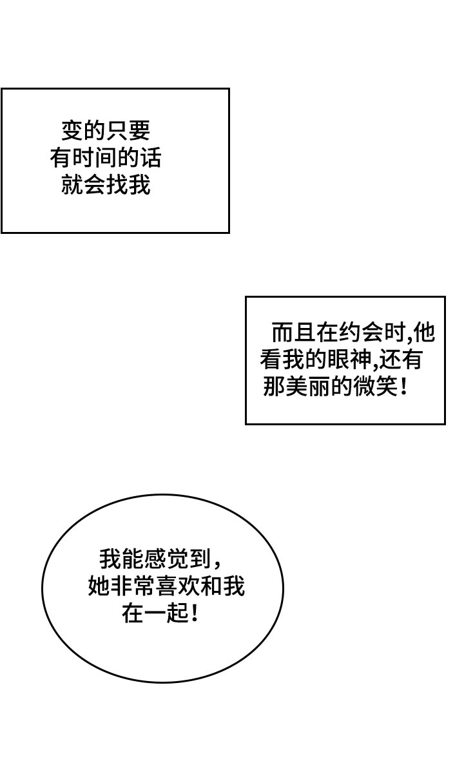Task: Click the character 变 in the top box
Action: point(72,131)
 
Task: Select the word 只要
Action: point(128,131)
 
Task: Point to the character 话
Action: point(151,158)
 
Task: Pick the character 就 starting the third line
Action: point(72,185)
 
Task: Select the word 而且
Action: point(294,332)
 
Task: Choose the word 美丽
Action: point(305,387)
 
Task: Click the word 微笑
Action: point(372,387)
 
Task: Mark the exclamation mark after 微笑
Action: point(403,387)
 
